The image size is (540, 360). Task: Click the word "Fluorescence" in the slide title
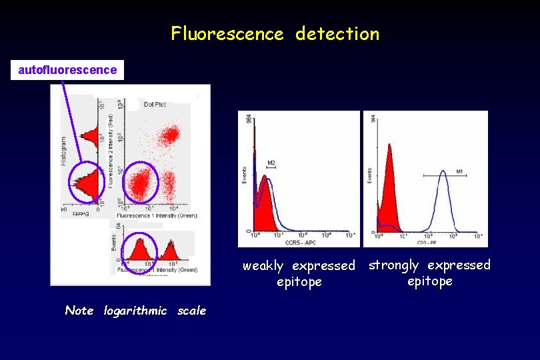(x=227, y=33)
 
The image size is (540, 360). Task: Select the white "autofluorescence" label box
(x=67, y=69)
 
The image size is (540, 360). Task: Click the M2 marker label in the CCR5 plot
(x=271, y=163)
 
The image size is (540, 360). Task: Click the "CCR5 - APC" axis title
(x=300, y=242)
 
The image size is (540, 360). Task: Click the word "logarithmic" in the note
(x=135, y=311)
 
